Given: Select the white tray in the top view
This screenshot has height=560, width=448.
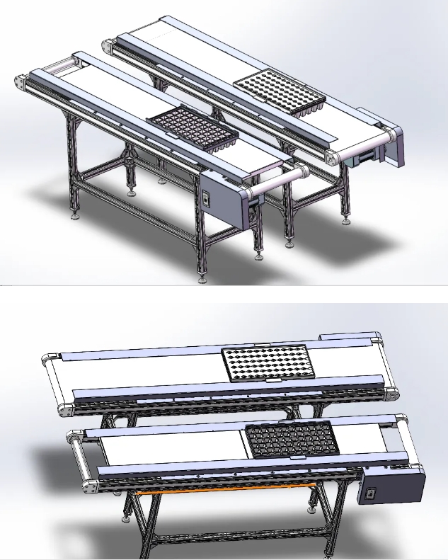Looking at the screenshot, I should tap(280, 92).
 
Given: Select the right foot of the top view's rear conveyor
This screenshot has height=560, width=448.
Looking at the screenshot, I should tap(347, 219).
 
